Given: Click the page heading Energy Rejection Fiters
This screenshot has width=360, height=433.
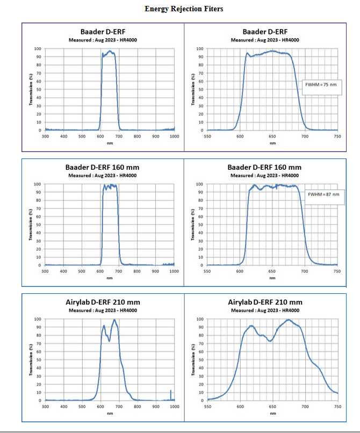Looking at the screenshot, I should tap(184, 9).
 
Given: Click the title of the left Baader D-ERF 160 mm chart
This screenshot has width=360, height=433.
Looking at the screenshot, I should tap(103, 168).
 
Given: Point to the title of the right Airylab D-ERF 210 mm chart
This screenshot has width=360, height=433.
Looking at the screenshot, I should tap(265, 302).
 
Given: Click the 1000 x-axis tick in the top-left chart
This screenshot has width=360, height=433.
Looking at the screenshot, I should tap(174, 137).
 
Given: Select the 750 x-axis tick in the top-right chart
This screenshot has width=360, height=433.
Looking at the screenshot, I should tap(337, 137).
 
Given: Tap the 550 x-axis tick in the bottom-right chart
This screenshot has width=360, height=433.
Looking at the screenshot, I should tap(207, 407).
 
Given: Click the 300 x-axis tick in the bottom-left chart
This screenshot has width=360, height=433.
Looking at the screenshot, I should tap(45, 407).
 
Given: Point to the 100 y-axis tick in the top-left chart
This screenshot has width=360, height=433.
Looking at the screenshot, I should tap(38, 49).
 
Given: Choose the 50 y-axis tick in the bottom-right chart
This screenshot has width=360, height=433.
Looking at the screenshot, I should tap(200, 360).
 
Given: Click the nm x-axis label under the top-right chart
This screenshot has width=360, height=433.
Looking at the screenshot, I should tap(272, 143).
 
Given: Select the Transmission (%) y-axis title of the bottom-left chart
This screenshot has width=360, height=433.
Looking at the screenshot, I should tap(31, 359).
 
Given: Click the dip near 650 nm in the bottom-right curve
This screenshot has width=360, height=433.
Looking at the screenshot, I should tap(270, 341).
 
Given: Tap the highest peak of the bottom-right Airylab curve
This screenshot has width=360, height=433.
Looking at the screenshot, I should tap(289, 320).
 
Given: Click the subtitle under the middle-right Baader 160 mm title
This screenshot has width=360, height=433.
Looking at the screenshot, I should tap(265, 175).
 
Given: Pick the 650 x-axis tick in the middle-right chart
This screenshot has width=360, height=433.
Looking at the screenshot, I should tap(272, 272).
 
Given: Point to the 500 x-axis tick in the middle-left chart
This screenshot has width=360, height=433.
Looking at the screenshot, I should tap(82, 272).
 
